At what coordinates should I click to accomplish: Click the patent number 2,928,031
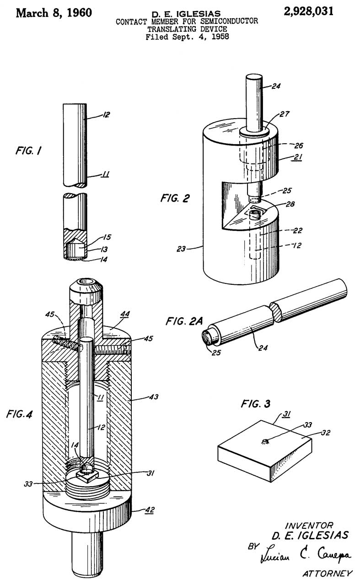point(308,12)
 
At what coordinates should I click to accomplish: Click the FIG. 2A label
point(184,321)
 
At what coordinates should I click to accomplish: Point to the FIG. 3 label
point(255,404)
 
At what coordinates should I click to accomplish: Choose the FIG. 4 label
point(19,414)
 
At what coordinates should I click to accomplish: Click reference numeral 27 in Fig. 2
point(285,114)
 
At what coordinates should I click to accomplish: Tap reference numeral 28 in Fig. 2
point(290,204)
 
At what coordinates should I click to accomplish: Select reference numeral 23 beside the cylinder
point(181,249)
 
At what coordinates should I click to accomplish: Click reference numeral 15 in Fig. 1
point(107,237)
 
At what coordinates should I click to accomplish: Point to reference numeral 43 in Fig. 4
point(154,396)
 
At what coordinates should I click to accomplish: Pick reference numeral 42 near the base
point(150,510)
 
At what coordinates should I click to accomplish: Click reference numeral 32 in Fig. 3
point(326,433)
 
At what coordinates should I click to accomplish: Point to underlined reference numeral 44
point(125,314)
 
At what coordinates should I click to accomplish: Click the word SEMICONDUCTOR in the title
point(229,21)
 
